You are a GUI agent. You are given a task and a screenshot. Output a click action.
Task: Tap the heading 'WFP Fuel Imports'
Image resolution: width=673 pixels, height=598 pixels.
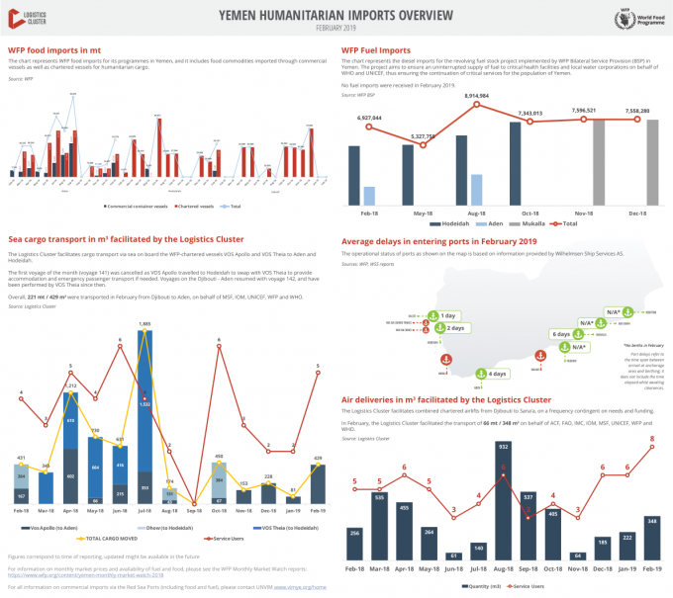(377, 49)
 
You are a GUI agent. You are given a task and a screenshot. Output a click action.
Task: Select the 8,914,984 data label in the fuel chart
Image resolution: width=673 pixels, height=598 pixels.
(477, 95)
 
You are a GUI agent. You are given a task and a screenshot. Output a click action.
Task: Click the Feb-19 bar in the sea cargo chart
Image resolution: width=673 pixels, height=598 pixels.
(318, 483)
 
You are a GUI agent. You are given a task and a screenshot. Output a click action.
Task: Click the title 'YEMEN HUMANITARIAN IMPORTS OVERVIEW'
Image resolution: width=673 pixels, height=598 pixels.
(336, 14)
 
